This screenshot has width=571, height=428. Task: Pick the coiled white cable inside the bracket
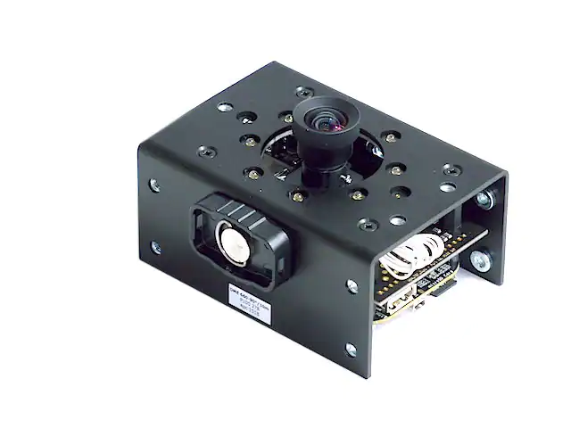(x=412, y=252)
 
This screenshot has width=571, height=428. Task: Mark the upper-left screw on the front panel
(x=157, y=185)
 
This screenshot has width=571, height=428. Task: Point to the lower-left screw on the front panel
(x=157, y=247)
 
